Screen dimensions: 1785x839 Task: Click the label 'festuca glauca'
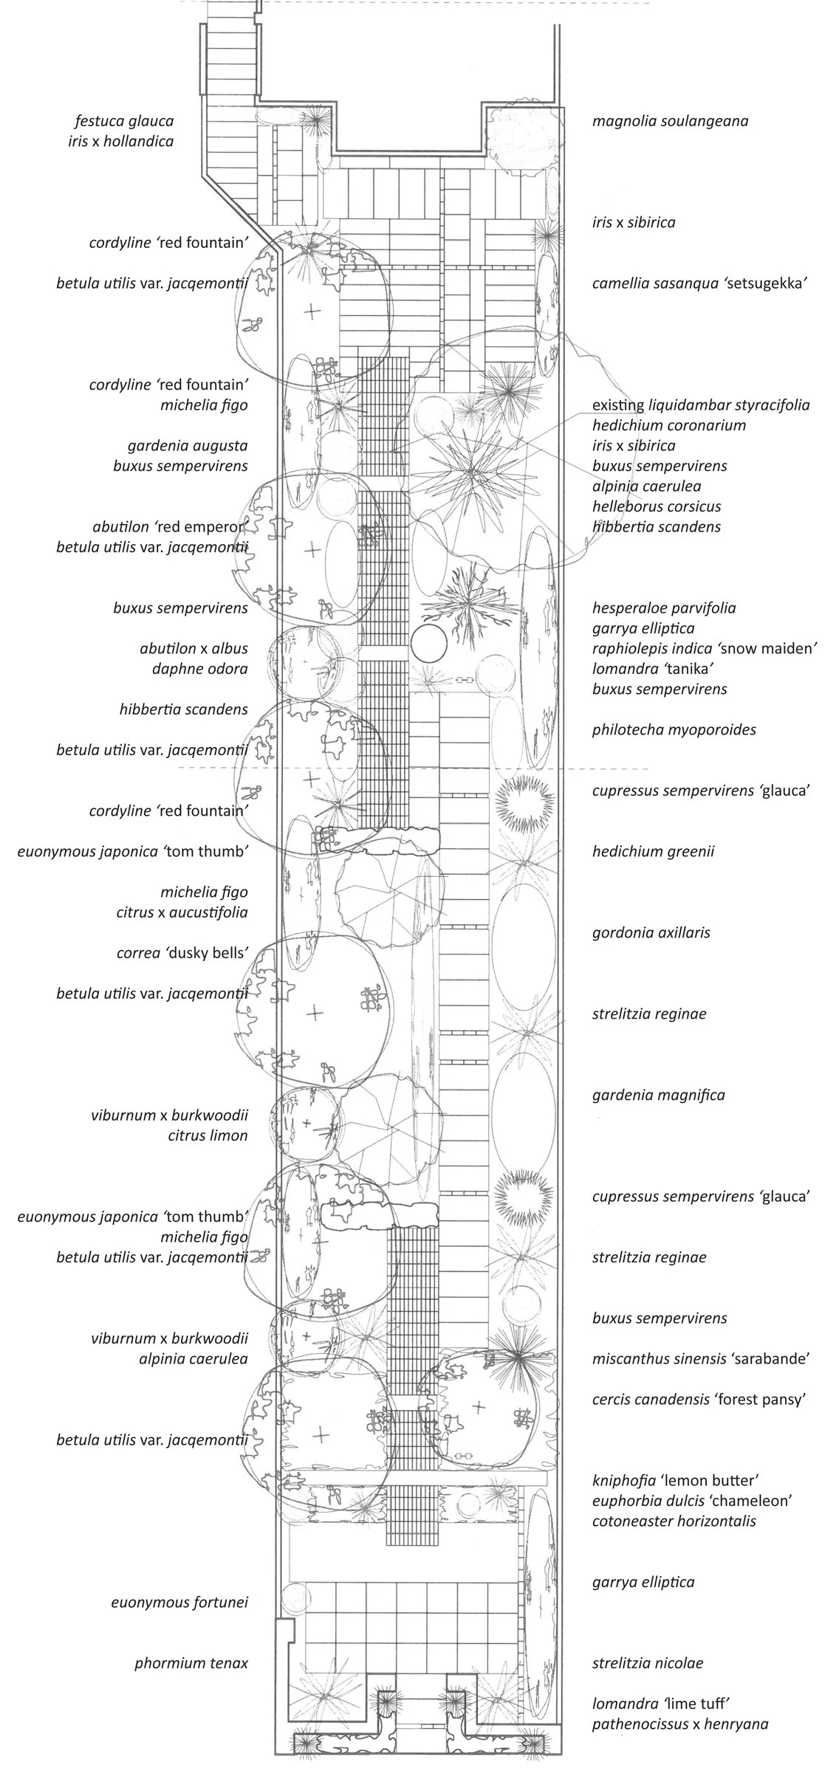(124, 121)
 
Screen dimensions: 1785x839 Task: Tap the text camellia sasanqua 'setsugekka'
(696, 283)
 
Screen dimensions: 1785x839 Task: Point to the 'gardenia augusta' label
(187, 445)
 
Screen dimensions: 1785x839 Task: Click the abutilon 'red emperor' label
(169, 527)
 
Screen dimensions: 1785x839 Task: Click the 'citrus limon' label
(208, 1135)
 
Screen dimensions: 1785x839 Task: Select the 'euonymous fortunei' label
(179, 1602)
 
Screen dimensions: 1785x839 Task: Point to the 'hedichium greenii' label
(653, 851)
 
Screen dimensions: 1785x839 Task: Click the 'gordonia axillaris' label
(651, 932)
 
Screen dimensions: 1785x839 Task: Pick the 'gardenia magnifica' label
(658, 1095)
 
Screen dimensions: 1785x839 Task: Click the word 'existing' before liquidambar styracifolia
(617, 405)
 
